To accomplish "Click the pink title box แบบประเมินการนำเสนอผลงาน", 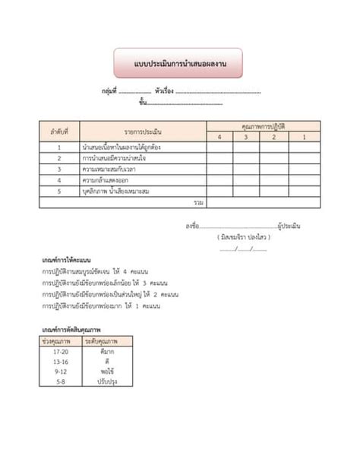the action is [179, 64].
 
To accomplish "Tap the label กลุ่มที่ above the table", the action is [109, 90].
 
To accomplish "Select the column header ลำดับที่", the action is [58, 131].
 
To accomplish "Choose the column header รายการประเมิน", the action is [144, 131].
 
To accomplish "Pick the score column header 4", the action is [219, 137].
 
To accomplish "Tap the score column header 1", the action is [304, 137].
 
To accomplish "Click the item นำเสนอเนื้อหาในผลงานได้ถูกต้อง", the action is [121, 147].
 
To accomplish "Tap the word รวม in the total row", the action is [199, 203].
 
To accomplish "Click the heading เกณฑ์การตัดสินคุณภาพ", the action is [72, 330].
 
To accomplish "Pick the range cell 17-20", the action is [61, 352].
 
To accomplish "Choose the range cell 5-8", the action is [61, 381].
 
